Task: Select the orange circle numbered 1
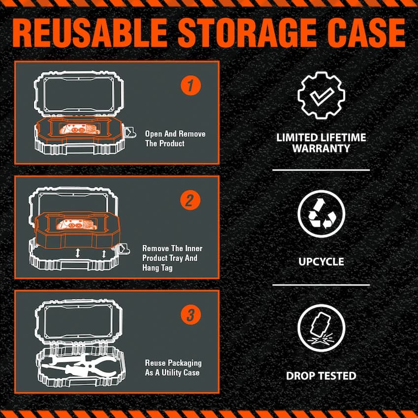tap(190, 86)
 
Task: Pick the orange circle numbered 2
tap(190, 201)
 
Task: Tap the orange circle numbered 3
tap(190, 315)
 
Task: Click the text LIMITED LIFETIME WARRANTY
tap(321, 143)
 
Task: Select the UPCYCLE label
tap(321, 261)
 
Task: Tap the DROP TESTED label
tap(321, 376)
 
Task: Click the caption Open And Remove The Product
tap(175, 139)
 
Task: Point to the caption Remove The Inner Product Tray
tap(172, 258)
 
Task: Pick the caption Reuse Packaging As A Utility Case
tap(173, 368)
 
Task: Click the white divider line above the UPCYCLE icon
tap(321, 170)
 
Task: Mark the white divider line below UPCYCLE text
tap(321, 285)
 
